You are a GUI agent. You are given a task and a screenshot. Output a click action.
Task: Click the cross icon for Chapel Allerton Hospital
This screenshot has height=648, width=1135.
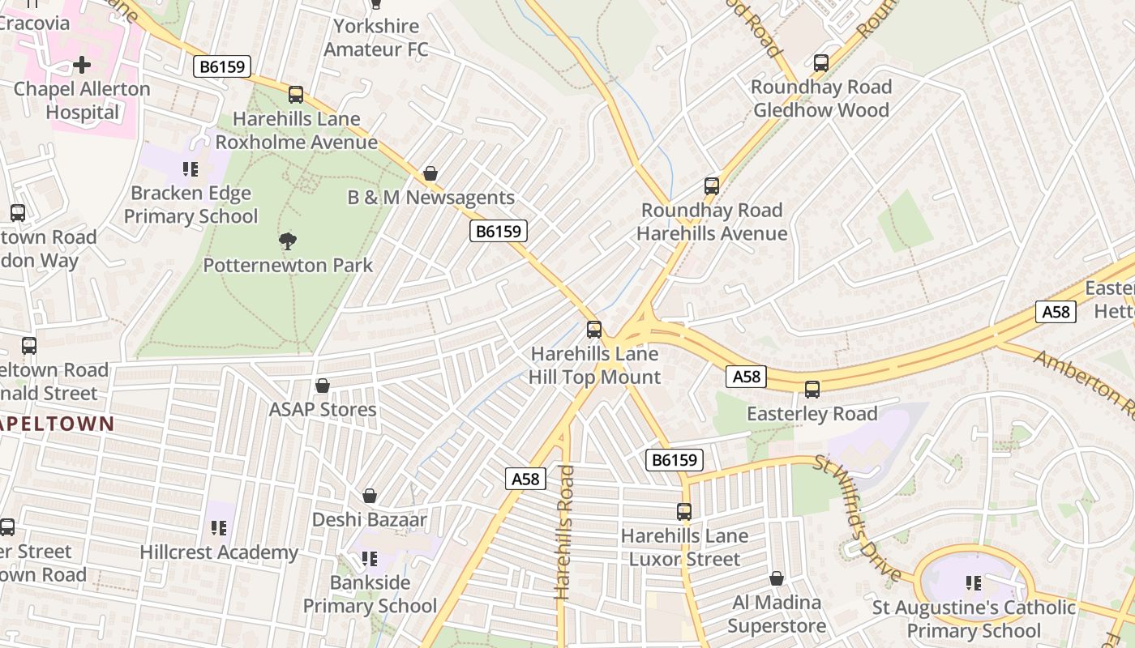[82, 65]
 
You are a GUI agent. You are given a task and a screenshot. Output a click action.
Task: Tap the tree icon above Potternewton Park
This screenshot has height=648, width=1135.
[287, 241]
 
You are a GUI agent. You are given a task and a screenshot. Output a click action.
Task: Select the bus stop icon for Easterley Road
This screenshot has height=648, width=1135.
[812, 389]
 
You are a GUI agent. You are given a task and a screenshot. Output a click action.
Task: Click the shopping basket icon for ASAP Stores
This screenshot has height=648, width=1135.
[323, 386]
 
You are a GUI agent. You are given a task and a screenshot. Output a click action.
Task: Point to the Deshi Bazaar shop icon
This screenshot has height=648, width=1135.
[370, 495]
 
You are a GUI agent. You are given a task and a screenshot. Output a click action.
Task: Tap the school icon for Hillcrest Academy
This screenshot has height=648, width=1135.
[219, 528]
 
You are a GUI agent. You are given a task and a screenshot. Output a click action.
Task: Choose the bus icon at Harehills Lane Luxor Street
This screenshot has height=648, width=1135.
[684, 511]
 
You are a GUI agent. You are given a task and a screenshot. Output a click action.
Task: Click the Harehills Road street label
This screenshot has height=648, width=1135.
[564, 532]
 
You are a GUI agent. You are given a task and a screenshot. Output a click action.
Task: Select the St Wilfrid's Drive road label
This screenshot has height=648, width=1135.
[858, 518]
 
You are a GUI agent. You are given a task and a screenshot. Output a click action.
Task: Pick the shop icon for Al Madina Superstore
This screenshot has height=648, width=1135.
[777, 578]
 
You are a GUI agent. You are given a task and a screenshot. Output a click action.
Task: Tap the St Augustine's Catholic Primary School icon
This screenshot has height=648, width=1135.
[974, 583]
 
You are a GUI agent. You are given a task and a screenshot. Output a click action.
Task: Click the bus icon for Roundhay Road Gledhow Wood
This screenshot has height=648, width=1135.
[821, 62]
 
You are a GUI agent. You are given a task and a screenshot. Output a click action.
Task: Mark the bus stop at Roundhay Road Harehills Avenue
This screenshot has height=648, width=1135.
[712, 185]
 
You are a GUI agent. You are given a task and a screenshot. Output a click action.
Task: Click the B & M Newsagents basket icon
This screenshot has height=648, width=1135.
[430, 173]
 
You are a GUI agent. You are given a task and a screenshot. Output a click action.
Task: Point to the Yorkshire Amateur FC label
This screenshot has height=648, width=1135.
[376, 37]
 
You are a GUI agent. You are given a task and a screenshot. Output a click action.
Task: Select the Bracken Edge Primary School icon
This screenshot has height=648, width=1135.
[191, 169]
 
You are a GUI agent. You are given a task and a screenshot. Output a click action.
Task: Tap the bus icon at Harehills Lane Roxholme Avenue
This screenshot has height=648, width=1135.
[296, 94]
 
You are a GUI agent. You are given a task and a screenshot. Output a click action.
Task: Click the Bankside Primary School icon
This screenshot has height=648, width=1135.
[370, 558]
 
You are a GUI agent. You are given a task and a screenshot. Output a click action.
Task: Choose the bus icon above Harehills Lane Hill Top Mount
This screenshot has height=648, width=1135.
[594, 329]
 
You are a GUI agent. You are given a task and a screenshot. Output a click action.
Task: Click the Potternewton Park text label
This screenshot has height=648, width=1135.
[288, 265]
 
